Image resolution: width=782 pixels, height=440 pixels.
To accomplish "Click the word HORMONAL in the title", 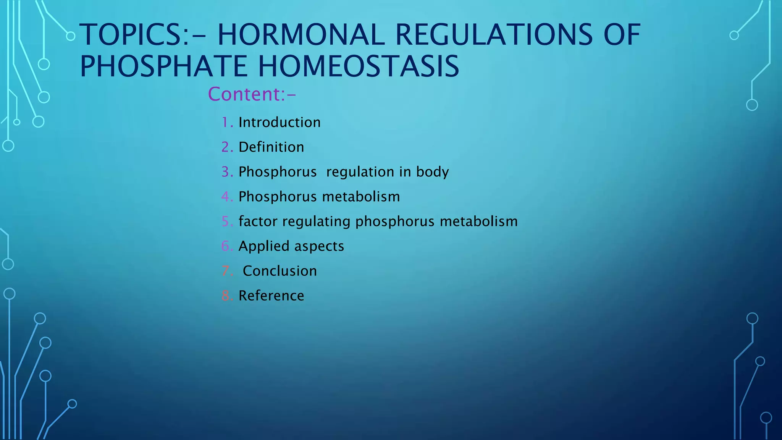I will [301, 35].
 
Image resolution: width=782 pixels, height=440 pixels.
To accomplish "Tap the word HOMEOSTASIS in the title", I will [359, 66].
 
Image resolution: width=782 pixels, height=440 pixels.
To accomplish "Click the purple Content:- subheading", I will [252, 94].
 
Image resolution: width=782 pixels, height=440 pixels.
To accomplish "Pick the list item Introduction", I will [280, 123].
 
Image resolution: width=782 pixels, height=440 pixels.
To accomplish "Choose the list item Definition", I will [271, 147].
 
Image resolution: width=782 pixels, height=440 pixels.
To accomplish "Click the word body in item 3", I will [432, 172].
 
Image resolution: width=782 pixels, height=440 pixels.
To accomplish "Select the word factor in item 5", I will [258, 222].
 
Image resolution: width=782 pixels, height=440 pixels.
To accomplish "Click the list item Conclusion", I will [280, 271].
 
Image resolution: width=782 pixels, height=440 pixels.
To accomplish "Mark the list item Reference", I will [271, 296].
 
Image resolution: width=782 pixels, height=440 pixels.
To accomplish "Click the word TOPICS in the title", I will [134, 35].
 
